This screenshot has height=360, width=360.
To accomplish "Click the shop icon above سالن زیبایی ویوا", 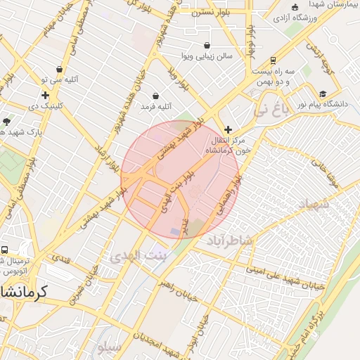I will pyautogui.click(x=207, y=46).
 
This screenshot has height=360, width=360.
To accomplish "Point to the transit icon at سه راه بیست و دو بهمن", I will pyautogui.click(x=273, y=60).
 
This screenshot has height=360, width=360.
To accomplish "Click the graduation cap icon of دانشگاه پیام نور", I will pyautogui.click(x=323, y=94).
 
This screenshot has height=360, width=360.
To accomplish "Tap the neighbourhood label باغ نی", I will pyautogui.click(x=271, y=109).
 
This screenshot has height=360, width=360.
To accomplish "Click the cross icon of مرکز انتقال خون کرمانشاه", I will pyautogui.click(x=228, y=129).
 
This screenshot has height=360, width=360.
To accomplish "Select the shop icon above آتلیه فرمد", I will pyautogui.click(x=155, y=96).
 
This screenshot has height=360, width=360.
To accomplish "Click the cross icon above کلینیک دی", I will pyautogui.click(x=45, y=95).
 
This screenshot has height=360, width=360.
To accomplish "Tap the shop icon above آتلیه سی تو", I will pyautogui.click(x=58, y=70).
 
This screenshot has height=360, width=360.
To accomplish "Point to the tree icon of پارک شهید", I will pyautogui.click(x=6, y=121).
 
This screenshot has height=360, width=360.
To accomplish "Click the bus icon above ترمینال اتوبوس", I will pyautogui.click(x=5, y=250).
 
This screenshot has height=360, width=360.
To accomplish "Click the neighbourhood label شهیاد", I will pyautogui.click(x=314, y=205).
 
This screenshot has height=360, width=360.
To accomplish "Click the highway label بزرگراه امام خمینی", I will pyautogui.click(x=319, y=325).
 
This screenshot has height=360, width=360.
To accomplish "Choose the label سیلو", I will pyautogui.click(x=110, y=347).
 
